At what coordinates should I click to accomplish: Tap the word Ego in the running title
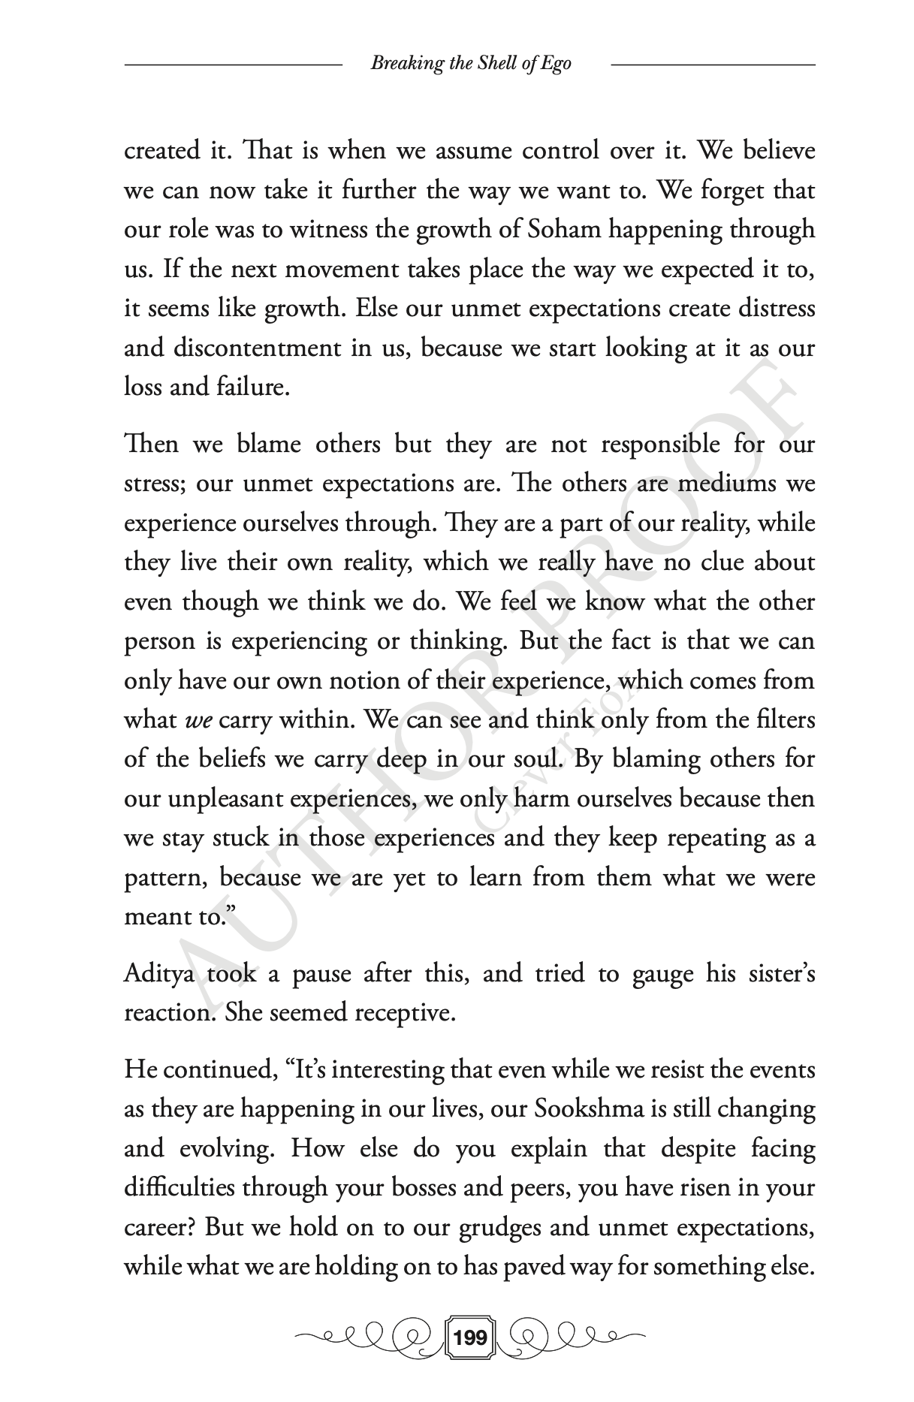[x=556, y=63]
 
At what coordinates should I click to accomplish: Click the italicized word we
[x=199, y=721]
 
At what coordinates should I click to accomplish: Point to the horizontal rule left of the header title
[x=233, y=65]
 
